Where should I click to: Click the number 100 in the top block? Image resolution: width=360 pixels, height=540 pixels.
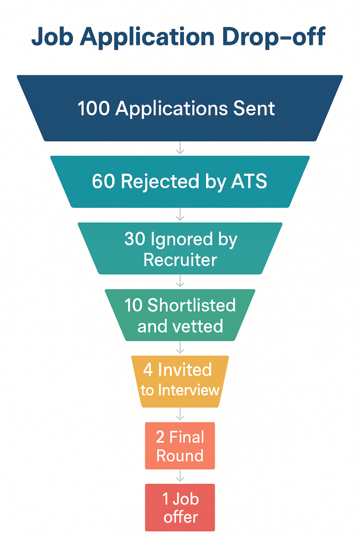click(94, 109)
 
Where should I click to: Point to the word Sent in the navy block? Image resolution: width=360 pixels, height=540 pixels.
click(255, 109)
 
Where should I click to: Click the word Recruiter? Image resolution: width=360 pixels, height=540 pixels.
click(180, 259)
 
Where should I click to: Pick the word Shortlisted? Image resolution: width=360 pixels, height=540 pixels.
click(192, 305)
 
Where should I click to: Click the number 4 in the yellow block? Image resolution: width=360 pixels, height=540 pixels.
click(148, 370)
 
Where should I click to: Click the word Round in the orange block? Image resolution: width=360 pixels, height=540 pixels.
click(180, 456)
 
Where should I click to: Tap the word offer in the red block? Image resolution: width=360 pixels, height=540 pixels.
click(180, 517)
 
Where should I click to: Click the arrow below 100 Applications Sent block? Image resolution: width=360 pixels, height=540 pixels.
click(180, 148)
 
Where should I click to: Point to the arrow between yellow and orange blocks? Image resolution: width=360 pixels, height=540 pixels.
click(180, 414)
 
